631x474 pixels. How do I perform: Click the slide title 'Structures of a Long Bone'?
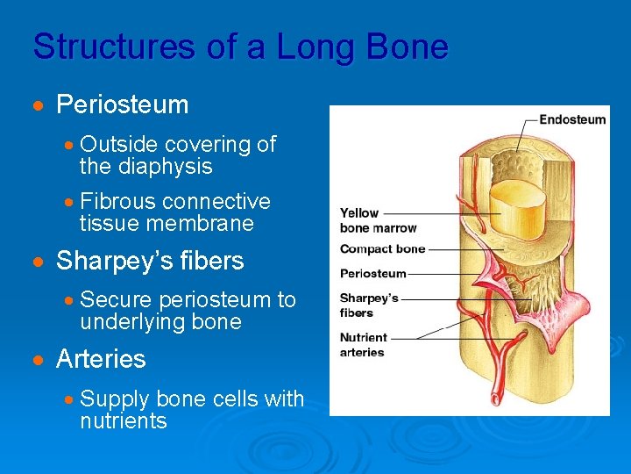click(x=240, y=47)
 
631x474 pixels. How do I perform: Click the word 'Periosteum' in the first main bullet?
click(x=122, y=105)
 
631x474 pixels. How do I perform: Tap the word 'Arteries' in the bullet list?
click(x=101, y=359)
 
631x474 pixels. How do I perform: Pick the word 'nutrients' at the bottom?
click(x=123, y=421)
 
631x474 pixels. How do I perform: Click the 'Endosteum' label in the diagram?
click(x=571, y=120)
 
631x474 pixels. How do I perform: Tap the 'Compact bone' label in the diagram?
click(x=382, y=249)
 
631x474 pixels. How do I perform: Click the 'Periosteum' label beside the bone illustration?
click(x=372, y=273)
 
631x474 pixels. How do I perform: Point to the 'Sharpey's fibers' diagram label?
click(x=369, y=305)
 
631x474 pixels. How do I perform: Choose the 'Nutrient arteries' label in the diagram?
click(x=363, y=345)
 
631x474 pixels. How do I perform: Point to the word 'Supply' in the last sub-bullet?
click(x=115, y=399)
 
